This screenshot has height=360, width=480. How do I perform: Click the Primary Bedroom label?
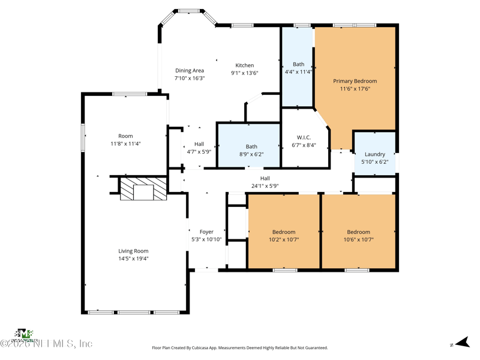point(355,81)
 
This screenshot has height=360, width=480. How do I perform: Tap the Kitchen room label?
point(244,65)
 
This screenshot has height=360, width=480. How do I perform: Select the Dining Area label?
point(189,70)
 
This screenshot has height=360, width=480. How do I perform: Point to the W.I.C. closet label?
point(304,137)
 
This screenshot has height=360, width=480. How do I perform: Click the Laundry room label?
point(375,154)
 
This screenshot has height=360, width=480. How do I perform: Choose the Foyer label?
point(206,232)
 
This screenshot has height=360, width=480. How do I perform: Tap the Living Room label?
point(133,251)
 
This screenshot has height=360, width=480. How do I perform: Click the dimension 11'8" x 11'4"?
point(125,144)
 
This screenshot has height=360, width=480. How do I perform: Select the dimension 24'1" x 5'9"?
point(265,186)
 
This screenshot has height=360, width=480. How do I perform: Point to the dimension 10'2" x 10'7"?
point(284,239)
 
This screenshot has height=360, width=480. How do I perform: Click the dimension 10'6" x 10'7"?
point(358,239)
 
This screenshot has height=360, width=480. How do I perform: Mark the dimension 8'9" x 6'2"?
point(251,154)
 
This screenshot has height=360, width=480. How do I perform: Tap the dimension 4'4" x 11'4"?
point(298,72)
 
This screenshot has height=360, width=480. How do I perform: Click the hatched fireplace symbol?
point(143,188)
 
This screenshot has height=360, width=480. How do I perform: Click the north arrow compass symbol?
point(461,343)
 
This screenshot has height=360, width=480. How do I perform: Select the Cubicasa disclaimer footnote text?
point(240,347)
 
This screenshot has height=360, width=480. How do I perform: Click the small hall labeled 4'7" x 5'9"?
point(199,148)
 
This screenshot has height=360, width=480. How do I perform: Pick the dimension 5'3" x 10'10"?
point(206,239)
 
